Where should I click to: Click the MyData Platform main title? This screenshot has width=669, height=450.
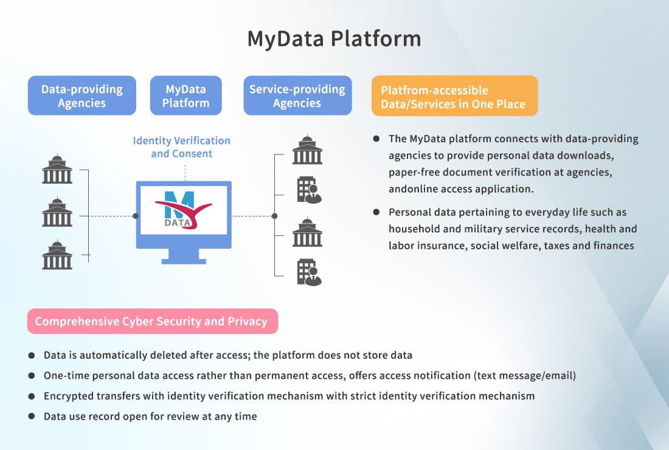334,38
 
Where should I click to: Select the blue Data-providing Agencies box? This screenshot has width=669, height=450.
81,96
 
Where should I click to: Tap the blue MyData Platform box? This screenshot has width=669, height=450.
185,96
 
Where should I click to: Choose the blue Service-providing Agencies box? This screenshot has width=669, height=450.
297,96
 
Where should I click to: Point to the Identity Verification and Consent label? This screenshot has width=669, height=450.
182,147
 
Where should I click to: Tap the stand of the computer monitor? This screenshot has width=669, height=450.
184,256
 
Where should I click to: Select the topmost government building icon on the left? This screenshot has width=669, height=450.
57,169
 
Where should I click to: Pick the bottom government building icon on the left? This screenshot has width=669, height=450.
57,255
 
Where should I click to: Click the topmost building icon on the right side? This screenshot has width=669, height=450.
307,150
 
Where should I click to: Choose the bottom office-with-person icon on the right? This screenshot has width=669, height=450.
309,272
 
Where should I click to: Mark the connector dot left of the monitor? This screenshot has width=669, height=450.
135,216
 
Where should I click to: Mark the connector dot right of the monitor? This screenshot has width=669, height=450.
274,216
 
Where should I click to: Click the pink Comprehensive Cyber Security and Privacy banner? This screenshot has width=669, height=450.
152,321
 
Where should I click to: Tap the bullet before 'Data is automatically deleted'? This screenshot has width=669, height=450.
32,355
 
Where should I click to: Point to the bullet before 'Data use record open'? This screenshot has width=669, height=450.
32,417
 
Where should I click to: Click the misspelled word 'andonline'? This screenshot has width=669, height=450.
414,189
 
